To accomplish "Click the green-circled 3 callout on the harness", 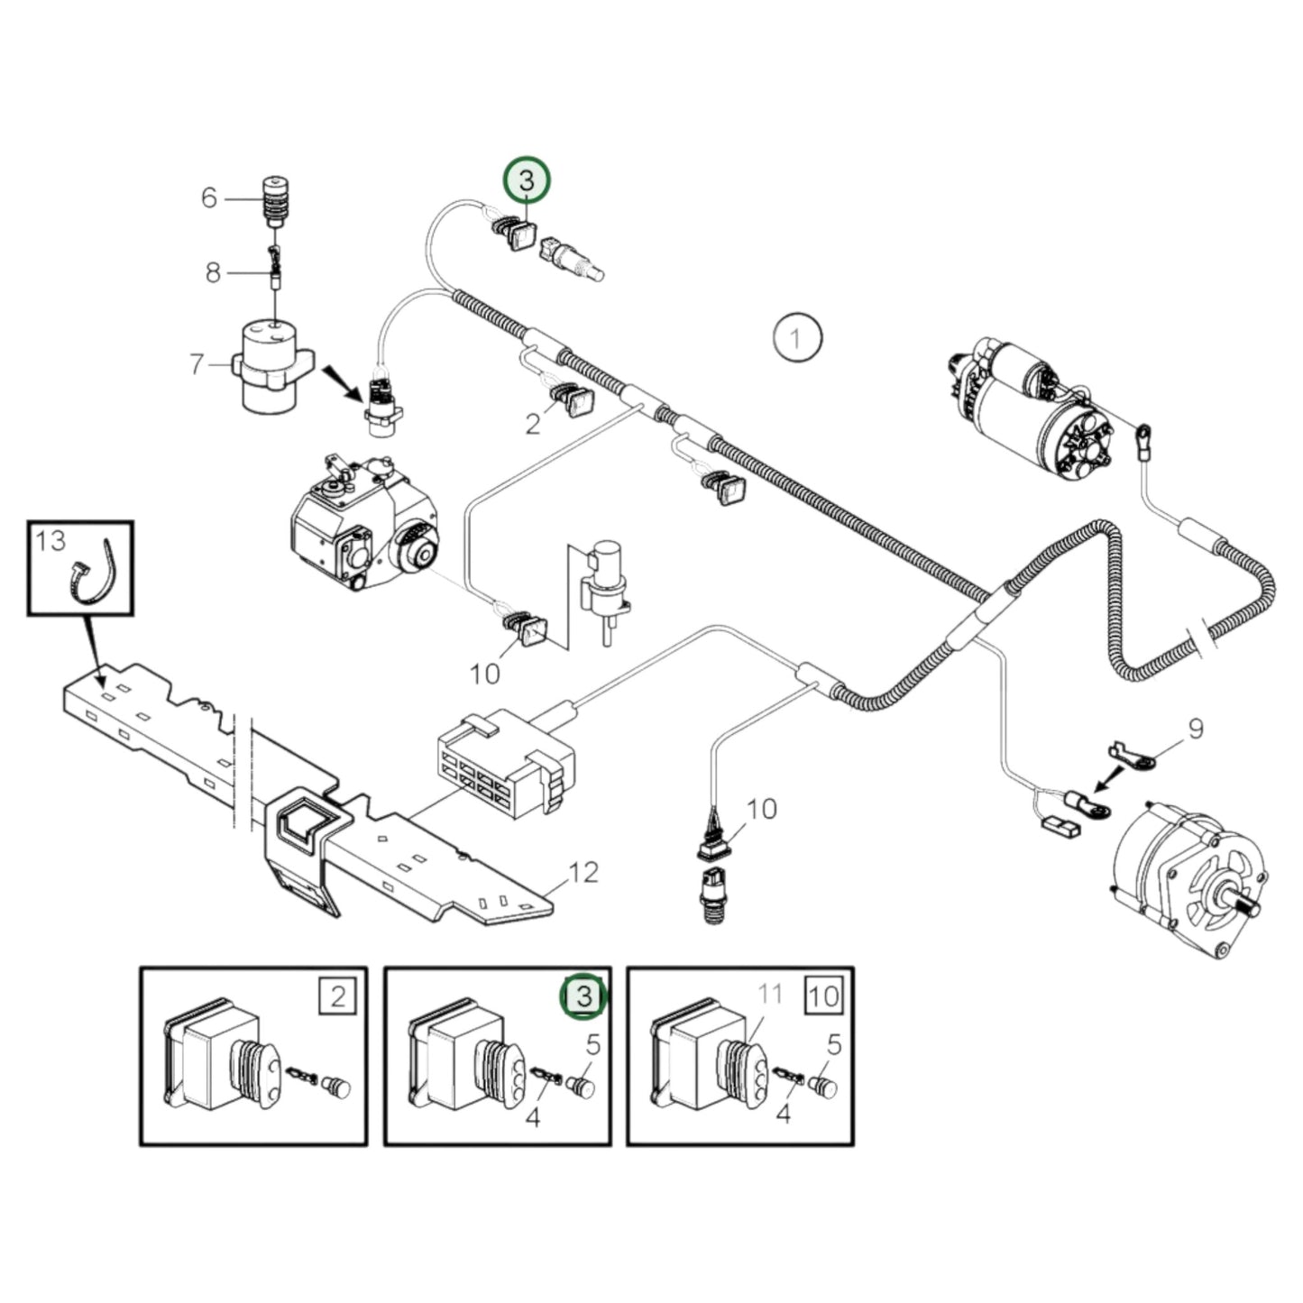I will tap(527, 180).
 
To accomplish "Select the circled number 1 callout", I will tap(797, 339).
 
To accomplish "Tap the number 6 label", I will tap(209, 197).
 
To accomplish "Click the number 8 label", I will tap(213, 271).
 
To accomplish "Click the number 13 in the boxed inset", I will tap(50, 540).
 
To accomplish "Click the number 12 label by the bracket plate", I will tap(583, 872).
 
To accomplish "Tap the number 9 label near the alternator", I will tap(1195, 728).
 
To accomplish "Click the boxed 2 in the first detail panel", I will tap(337, 996).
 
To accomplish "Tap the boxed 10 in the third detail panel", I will tap(823, 996).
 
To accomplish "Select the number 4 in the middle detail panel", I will tap(532, 1118).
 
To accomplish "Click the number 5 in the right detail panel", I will tap(834, 1045).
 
